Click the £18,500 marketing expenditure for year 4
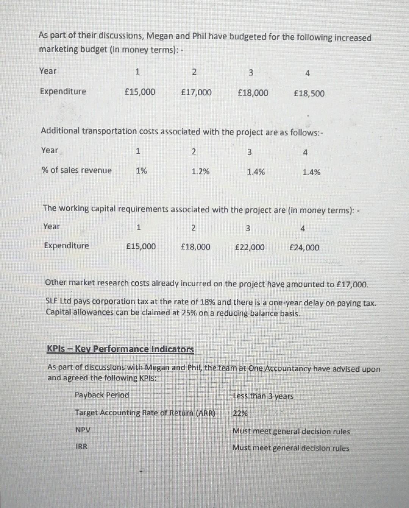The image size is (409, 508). [x=309, y=93]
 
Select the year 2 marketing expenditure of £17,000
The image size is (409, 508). [x=196, y=92]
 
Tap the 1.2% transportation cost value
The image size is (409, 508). [x=200, y=171]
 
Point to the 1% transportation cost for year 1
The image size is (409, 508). [x=141, y=171]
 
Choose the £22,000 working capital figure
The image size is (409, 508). [x=250, y=248]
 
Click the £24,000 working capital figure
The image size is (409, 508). [x=304, y=248]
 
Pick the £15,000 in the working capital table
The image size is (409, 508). [x=140, y=246]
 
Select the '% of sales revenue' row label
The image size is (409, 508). [x=76, y=170]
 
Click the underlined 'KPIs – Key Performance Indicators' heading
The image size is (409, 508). [x=120, y=349]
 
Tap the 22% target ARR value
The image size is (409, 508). [x=240, y=413]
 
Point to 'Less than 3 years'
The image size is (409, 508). [x=263, y=396]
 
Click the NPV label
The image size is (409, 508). [x=83, y=430]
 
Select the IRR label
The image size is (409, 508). [x=81, y=447]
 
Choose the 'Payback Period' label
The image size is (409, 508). [x=101, y=395]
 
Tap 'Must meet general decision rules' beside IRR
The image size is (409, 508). [x=290, y=448]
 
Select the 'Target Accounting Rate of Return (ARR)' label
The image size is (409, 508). [x=145, y=413]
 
